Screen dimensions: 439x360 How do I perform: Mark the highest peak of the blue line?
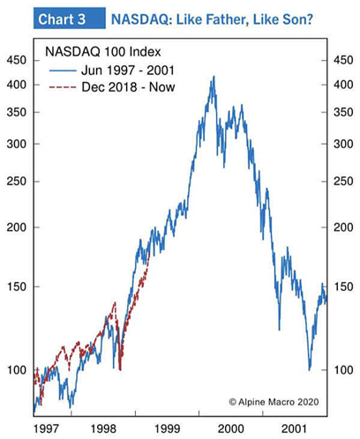tap(213, 77)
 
